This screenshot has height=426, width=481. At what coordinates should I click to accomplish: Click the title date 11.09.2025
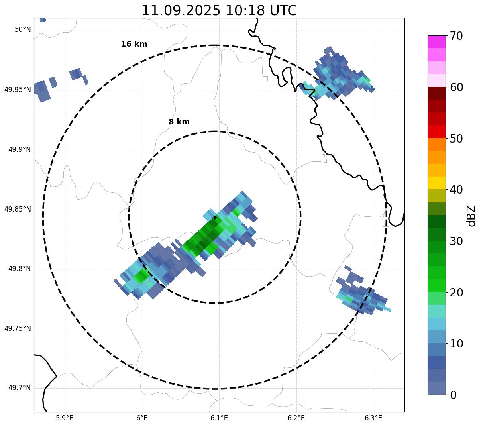click(181, 10)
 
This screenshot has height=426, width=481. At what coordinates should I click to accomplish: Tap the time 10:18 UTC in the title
click(261, 10)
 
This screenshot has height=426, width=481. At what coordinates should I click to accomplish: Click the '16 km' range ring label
click(134, 44)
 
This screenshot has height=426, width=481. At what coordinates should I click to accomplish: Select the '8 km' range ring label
click(179, 122)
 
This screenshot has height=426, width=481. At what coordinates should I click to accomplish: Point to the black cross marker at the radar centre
click(215, 217)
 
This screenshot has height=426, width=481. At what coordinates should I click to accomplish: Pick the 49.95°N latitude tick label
click(18, 90)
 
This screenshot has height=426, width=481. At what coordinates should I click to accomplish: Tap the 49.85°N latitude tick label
click(18, 209)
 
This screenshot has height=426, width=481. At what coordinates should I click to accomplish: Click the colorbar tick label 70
click(456, 36)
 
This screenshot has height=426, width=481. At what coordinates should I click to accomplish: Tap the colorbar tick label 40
click(456, 190)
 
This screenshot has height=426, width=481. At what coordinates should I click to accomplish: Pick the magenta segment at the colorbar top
click(437, 42)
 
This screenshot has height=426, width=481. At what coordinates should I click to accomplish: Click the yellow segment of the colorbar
click(437, 183)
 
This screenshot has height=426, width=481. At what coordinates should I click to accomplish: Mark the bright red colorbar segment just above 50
click(437, 132)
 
